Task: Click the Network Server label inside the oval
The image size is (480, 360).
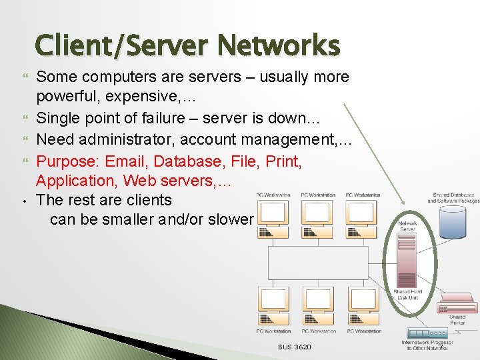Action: click(x=407, y=226)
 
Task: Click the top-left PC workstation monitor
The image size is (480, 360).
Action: click(x=273, y=214)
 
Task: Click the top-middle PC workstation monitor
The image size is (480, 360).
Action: click(x=318, y=214)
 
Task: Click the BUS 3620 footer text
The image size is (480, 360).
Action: click(x=294, y=347)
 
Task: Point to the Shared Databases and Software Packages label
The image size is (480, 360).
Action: click(x=453, y=198)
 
